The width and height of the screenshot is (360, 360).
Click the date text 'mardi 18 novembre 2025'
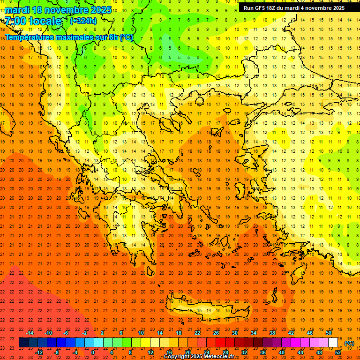pyautogui.click(x=58, y=10)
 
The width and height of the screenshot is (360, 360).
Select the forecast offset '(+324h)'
pyautogui.click(x=83, y=21)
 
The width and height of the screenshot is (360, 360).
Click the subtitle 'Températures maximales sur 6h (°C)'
pyautogui.click(x=68, y=37)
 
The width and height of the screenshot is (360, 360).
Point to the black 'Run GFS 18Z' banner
pyautogui.click(x=294, y=7)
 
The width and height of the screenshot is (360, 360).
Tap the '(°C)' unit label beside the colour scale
pyautogui.click(x=349, y=343)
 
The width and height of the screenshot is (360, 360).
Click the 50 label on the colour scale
pyautogui.click(x=328, y=333)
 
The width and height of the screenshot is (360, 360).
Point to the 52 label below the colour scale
pyautogui.click(x=337, y=352)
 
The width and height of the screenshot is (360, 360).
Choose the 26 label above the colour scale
pyautogui.click(x=216, y=333)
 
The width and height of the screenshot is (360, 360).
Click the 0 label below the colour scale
pyautogui.click(x=93, y=352)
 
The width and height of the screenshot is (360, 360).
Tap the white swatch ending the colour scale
pyautogui.click(x=333, y=343)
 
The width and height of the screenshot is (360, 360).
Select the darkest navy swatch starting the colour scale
pyautogui.click(x=23, y=343)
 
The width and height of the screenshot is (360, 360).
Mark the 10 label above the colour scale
pyautogui.click(x=141, y=333)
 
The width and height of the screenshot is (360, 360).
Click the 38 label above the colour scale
pyautogui.click(x=272, y=333)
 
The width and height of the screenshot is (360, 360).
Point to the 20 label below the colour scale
pyautogui.click(x=187, y=352)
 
